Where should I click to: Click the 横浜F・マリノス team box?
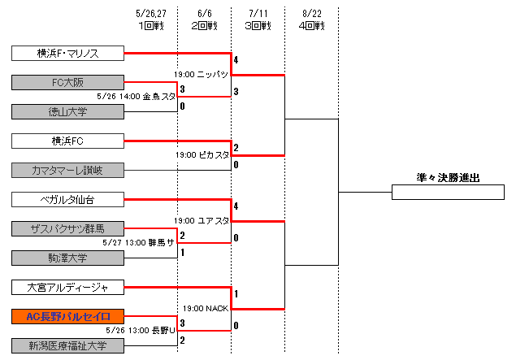(68, 54)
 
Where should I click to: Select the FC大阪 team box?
(68, 82)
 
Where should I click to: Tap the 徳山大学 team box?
(68, 111)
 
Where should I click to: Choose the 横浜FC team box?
(68, 141)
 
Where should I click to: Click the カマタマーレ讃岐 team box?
(68, 170)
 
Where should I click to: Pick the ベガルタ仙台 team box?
(68, 199)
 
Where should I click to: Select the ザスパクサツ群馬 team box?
(68, 228)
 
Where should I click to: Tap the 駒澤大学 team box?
(68, 258)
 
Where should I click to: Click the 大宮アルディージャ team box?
(68, 287)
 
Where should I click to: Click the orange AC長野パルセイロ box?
(68, 316)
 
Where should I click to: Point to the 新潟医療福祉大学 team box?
(68, 346)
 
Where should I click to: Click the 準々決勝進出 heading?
(446, 177)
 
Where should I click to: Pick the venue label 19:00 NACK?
(205, 308)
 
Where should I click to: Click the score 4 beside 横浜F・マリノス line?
(236, 60)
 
